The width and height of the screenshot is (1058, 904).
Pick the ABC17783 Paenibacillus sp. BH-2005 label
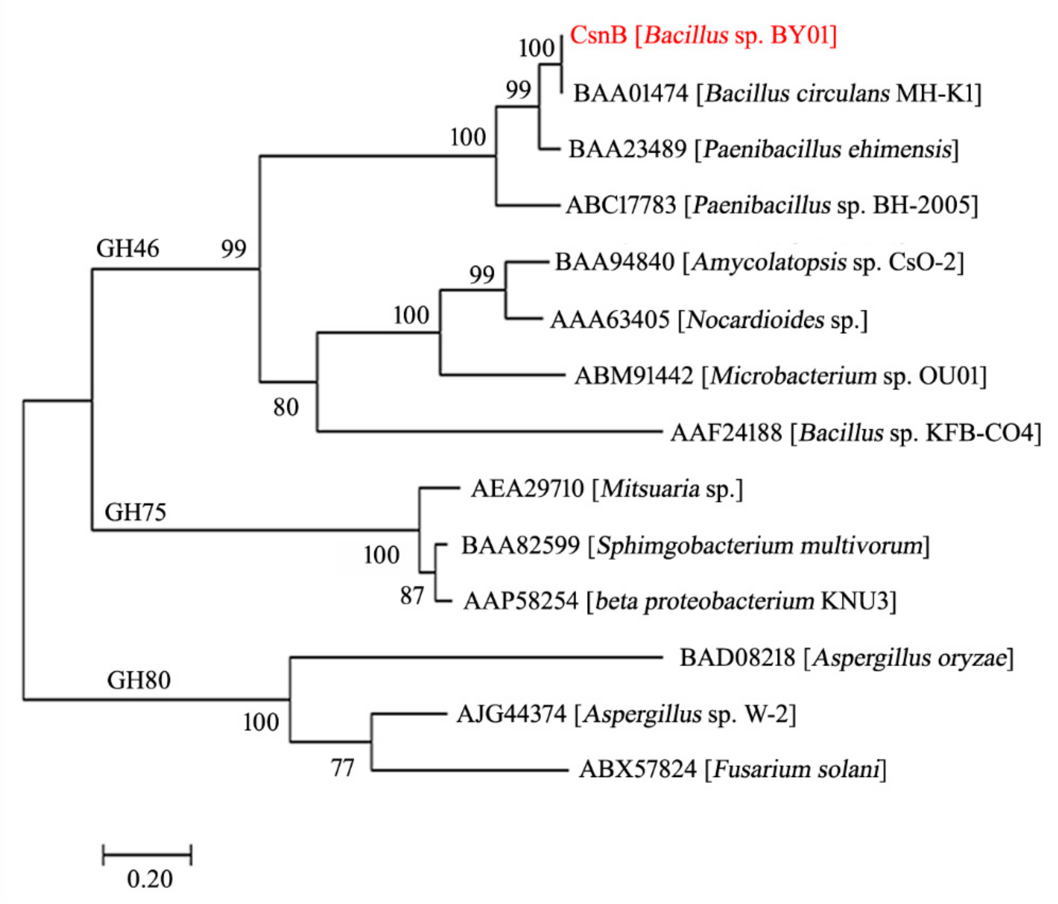[771, 205]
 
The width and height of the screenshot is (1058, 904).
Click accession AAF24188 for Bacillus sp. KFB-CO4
[726, 433]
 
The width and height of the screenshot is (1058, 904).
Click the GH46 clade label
[127, 249]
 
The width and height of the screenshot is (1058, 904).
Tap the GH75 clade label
[135, 512]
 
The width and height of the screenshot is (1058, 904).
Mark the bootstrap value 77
[342, 768]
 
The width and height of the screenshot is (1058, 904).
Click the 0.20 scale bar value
[149, 879]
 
